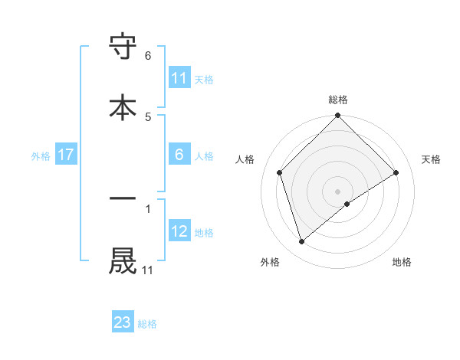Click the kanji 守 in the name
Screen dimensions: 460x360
click(x=123, y=48)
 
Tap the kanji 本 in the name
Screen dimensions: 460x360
click(x=123, y=106)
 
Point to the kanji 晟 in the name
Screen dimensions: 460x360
click(x=123, y=260)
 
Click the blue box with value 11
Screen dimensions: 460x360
click(x=179, y=78)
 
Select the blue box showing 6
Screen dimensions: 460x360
click(x=179, y=155)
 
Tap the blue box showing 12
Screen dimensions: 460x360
click(x=179, y=231)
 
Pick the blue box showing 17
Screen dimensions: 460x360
click(x=66, y=155)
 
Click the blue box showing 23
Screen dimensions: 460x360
click(x=123, y=322)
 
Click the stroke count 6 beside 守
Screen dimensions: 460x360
click(x=148, y=56)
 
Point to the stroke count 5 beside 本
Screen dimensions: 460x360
click(x=148, y=116)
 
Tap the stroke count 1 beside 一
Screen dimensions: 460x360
click(x=148, y=207)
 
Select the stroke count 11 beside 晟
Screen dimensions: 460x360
click(x=147, y=270)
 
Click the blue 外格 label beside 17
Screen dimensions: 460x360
click(x=41, y=155)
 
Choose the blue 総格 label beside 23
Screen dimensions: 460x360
click(x=147, y=323)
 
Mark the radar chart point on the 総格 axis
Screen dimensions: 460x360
click(x=338, y=116)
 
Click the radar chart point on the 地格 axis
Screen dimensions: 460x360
click(x=347, y=204)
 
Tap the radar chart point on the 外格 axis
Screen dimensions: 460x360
click(x=301, y=242)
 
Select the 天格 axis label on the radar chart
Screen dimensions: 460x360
click(x=431, y=159)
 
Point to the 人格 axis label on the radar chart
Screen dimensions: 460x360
click(x=245, y=159)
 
